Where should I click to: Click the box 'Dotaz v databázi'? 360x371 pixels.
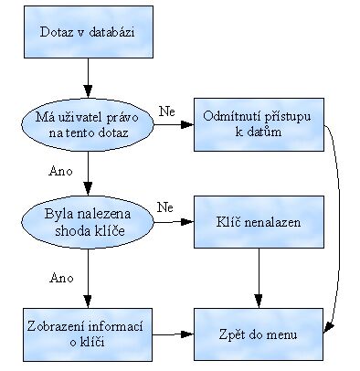click(89, 34)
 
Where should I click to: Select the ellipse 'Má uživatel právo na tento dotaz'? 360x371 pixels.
click(89, 125)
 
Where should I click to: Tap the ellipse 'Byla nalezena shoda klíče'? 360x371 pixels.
click(89, 221)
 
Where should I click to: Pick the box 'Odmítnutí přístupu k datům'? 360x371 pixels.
click(259, 125)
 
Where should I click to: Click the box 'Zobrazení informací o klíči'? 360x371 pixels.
click(89, 334)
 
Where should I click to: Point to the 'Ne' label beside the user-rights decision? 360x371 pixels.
click(165, 111)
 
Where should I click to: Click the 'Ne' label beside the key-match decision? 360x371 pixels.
click(165, 207)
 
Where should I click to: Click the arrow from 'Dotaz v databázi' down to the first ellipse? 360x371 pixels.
click(89, 78)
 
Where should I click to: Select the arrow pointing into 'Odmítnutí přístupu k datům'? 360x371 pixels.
click(174, 125)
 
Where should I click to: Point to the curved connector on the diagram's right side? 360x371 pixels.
click(344, 228)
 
